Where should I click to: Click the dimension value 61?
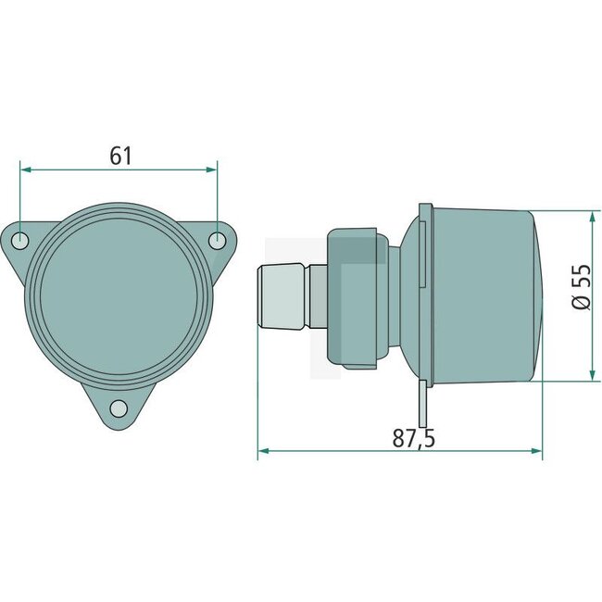(x=120, y=156)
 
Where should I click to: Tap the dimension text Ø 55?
(x=582, y=288)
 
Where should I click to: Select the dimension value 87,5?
(x=413, y=438)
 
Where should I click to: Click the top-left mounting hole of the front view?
(x=24, y=241)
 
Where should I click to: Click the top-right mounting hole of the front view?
(x=217, y=241)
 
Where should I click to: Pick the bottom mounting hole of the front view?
(x=119, y=408)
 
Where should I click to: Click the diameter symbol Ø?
(x=582, y=302)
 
